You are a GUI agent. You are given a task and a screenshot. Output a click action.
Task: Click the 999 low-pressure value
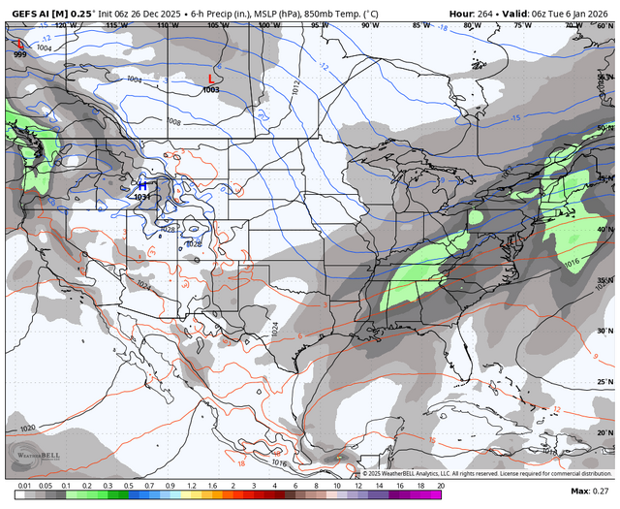(20, 54)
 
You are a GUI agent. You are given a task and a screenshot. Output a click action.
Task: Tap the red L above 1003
(212, 80)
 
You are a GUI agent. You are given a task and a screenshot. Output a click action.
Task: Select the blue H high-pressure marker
(142, 185)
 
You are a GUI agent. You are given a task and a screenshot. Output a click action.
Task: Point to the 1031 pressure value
(141, 197)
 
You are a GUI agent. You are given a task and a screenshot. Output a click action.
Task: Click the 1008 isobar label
(173, 122)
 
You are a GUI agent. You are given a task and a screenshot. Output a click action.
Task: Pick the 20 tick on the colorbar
(442, 484)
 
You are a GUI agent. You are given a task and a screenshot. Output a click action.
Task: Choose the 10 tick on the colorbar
(337, 484)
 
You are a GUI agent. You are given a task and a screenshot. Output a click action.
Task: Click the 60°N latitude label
(603, 24)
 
